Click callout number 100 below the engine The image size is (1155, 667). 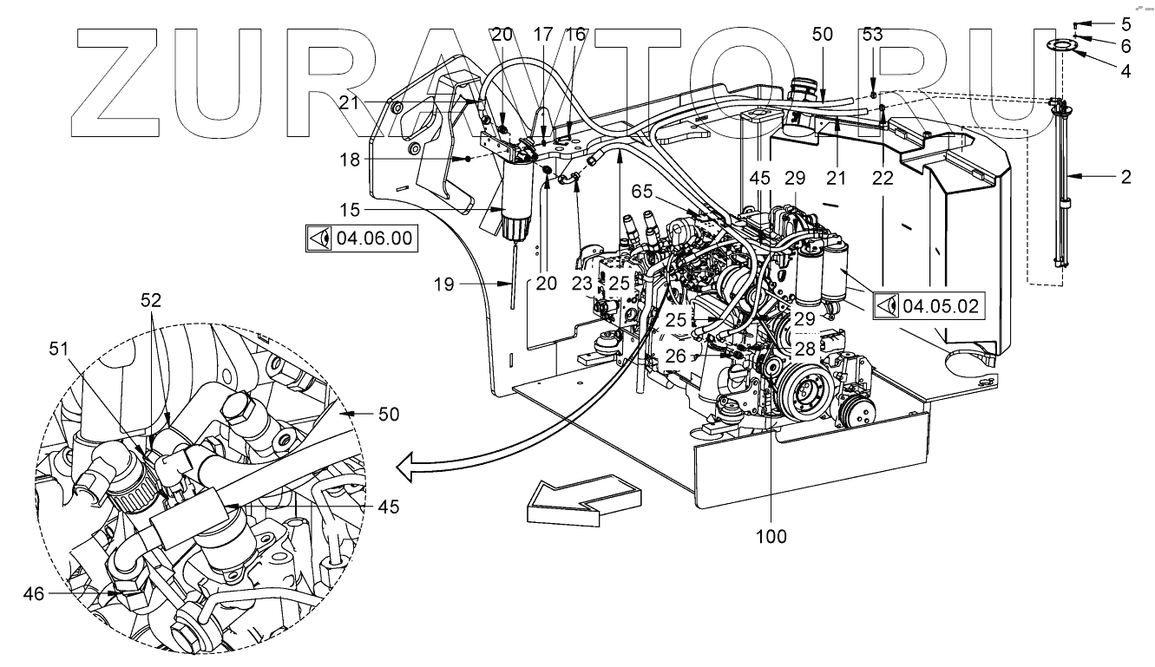coord(771,537)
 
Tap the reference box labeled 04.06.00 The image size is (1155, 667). coord(360,237)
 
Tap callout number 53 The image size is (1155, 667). coord(871,35)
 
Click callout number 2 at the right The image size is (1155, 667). coord(1125,177)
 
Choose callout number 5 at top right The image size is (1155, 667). coord(1125,23)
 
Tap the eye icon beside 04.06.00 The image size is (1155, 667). coord(319,237)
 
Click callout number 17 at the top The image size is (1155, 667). coord(544,35)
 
